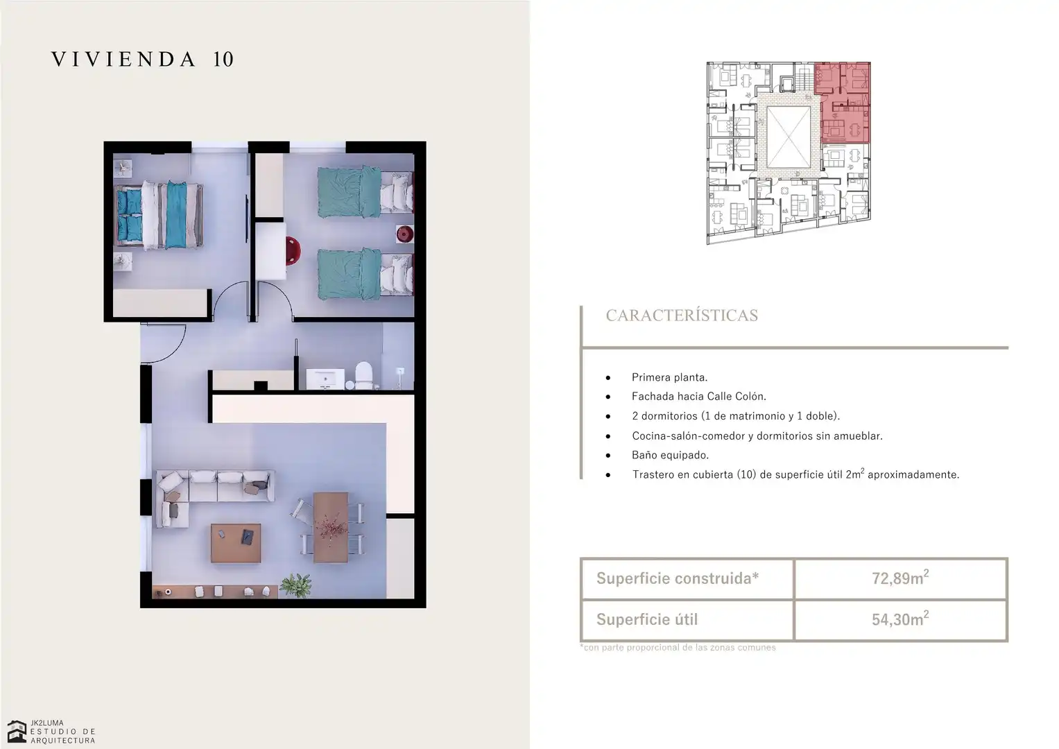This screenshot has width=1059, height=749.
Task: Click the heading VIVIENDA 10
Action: click(x=142, y=60)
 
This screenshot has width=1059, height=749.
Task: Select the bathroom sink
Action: click(x=325, y=379)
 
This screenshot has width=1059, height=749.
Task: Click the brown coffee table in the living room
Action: click(x=236, y=543)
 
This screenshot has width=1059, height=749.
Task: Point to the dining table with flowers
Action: click(x=331, y=527)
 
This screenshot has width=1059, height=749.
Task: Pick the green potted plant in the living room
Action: click(x=296, y=585)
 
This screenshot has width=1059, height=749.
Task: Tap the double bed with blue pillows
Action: click(x=160, y=215)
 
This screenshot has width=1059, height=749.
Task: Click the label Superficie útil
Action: click(x=647, y=619)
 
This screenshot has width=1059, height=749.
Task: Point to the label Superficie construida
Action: click(x=677, y=578)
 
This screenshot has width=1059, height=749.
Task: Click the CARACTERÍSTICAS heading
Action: click(x=682, y=316)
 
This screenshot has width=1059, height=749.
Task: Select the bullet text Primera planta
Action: click(x=669, y=377)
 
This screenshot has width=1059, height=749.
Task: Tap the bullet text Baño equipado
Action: click(x=670, y=455)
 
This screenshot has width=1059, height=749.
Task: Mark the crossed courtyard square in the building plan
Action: click(x=788, y=137)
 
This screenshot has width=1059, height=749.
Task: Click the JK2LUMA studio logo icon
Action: click(x=17, y=732)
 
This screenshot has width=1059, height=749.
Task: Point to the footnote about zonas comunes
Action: click(x=678, y=647)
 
